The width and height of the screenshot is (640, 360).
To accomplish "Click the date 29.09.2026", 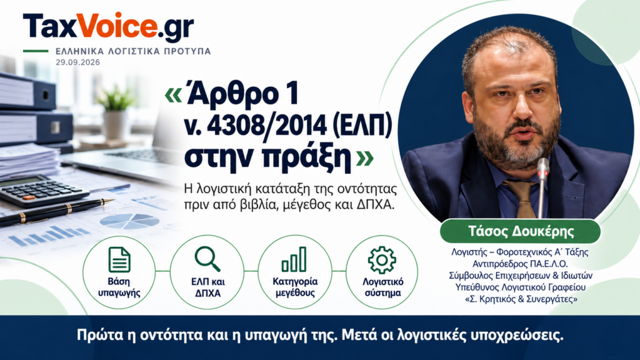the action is (78, 62).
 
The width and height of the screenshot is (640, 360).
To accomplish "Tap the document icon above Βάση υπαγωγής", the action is (119, 259).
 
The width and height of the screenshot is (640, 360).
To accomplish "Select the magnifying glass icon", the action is (207, 259).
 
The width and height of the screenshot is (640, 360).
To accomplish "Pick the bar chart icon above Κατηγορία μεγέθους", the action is (294, 259).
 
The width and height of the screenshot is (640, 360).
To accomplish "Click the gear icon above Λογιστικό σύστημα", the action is (382, 259).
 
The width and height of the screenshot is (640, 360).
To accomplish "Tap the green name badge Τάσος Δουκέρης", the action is (521, 231).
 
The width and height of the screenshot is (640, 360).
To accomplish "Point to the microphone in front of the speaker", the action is (542, 187).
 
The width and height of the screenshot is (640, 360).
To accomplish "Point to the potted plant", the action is (116, 113).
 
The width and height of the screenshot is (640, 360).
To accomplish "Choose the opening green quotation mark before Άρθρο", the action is (173, 95).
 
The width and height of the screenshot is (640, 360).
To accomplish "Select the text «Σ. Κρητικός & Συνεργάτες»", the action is (521, 299).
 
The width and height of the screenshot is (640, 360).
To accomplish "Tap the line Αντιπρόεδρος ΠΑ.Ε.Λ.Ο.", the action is (521, 264).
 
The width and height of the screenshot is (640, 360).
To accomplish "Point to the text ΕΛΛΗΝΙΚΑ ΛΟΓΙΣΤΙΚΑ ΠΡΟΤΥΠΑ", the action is (133, 51).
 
